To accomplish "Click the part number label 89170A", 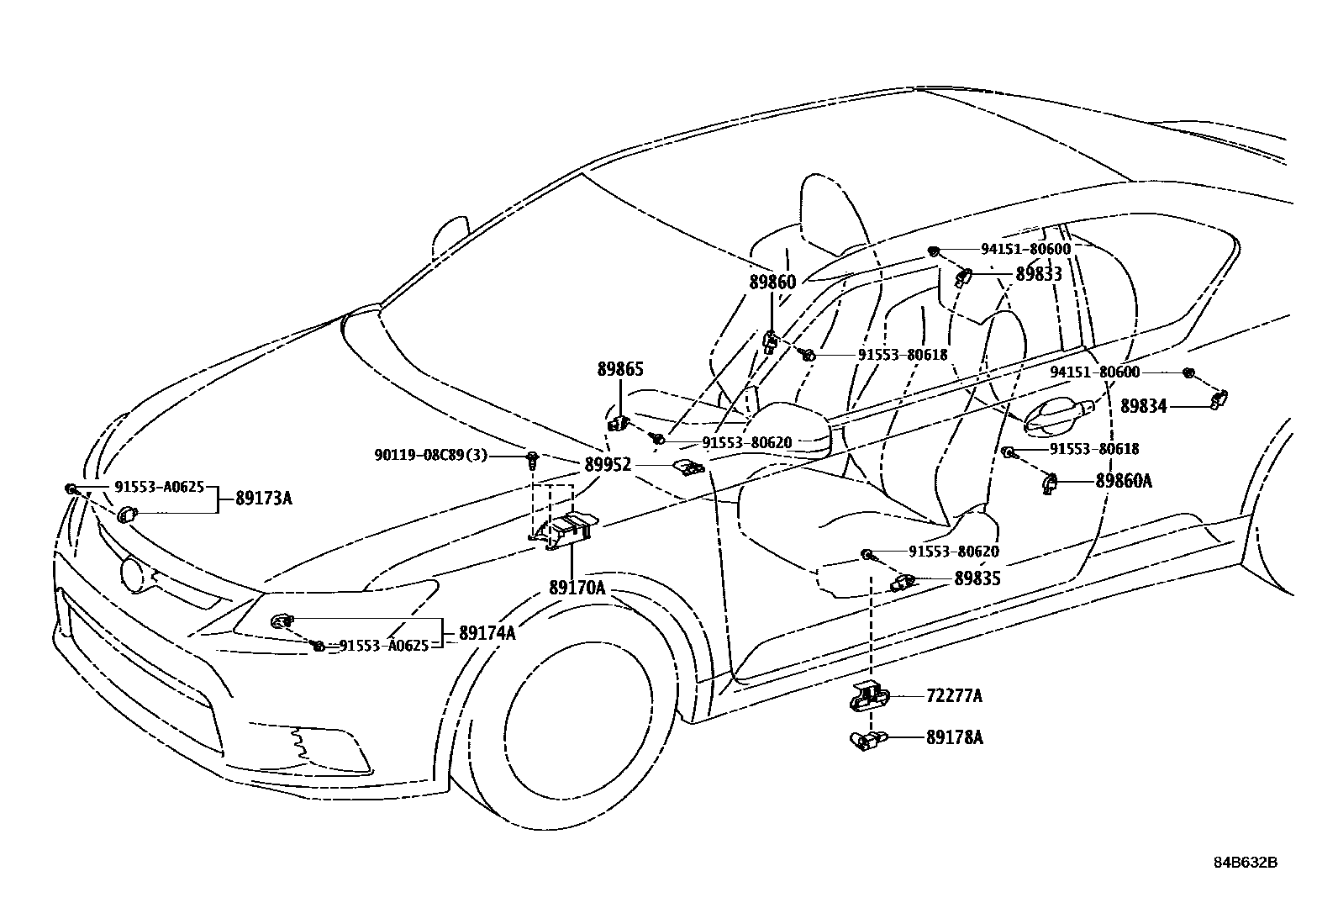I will (x=577, y=588).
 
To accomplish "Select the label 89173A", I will (x=263, y=498).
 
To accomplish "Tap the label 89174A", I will (x=487, y=633).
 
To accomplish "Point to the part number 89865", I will (x=620, y=368).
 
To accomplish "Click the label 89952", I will (x=608, y=464).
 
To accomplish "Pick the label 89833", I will (x=1039, y=274).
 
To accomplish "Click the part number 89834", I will (x=1143, y=407).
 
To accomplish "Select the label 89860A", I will (x=1123, y=481).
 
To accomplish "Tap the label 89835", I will (x=977, y=579).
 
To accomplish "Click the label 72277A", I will (x=954, y=696).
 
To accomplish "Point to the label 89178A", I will (x=954, y=737).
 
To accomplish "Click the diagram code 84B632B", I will (x=1245, y=863).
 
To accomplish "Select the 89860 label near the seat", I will (x=772, y=282).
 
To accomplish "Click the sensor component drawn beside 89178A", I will (x=866, y=741).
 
